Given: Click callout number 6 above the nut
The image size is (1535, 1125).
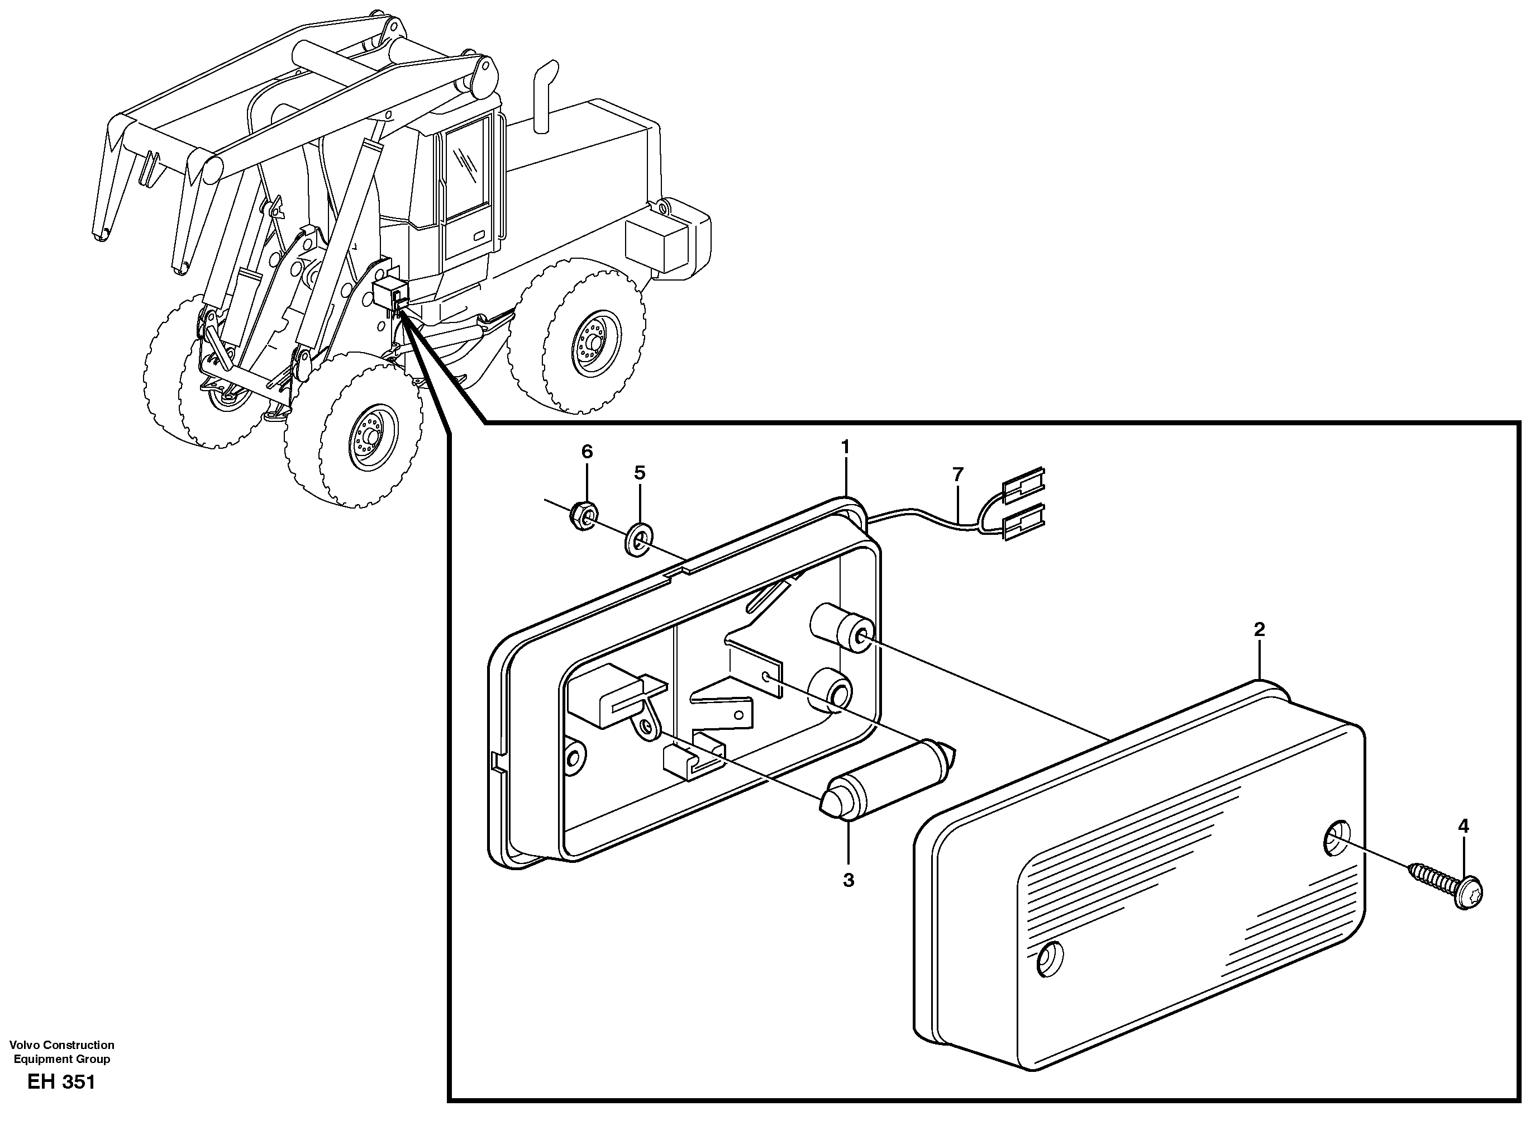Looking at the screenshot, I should [x=587, y=452].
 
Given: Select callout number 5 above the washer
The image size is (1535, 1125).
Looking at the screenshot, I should [x=639, y=473].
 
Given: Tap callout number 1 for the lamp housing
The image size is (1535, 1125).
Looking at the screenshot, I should [x=846, y=448].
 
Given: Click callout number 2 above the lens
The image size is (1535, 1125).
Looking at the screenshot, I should [x=1258, y=630].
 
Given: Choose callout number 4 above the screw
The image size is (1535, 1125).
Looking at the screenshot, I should [x=1463, y=826].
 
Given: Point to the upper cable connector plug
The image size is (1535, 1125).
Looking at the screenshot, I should [x=1024, y=485].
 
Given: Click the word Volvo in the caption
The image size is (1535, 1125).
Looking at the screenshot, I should [x=25, y=1045].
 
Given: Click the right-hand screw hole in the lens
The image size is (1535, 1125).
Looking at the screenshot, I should [x=1337, y=838].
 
